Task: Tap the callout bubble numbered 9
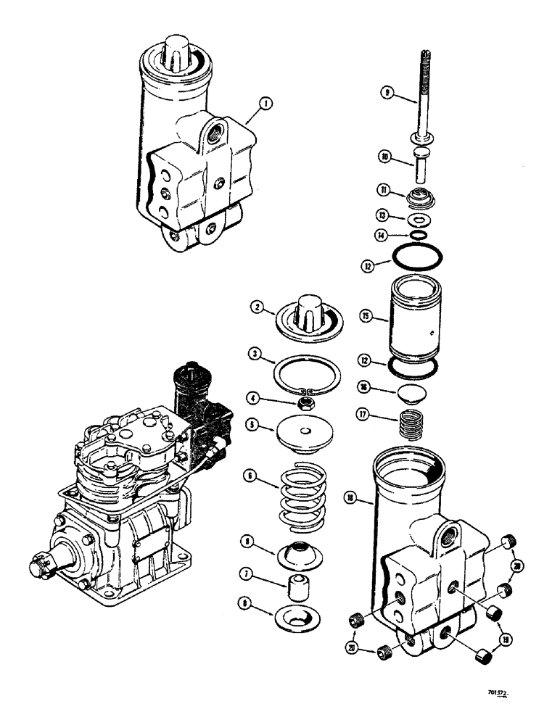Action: pyautogui.click(x=388, y=92)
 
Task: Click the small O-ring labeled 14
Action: pyautogui.click(x=416, y=235)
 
